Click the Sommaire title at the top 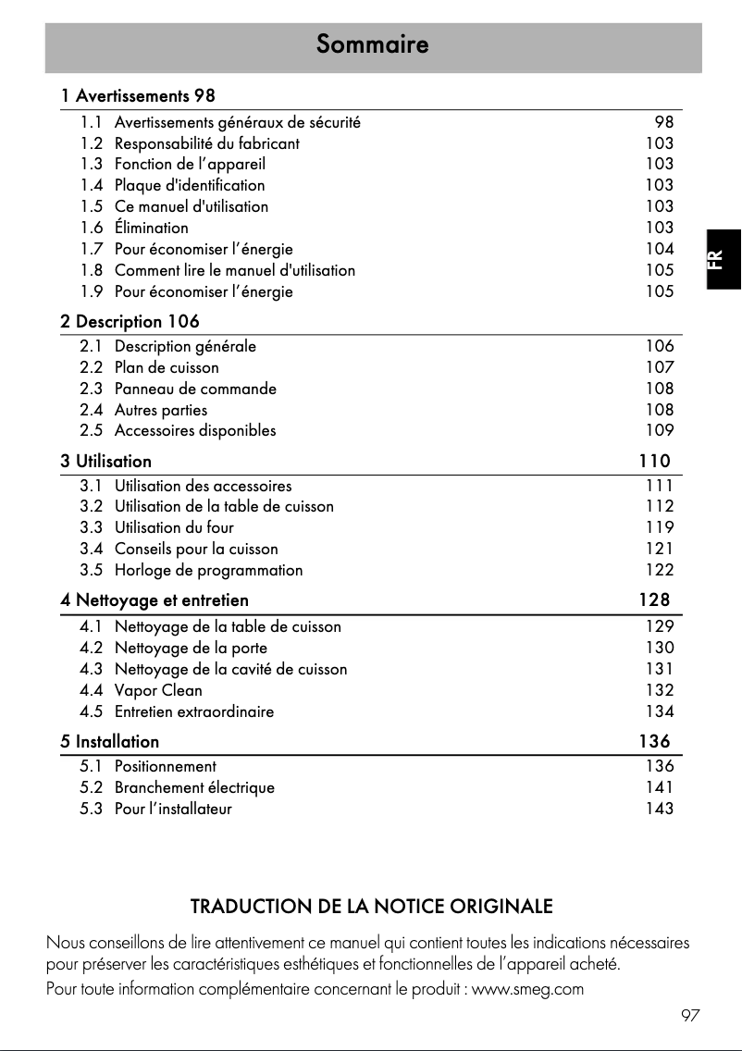[x=372, y=43]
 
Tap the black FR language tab [x=722, y=259]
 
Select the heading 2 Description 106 [x=130, y=322]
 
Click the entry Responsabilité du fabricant [x=206, y=143]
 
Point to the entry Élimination [x=151, y=228]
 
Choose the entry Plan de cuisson [x=167, y=367]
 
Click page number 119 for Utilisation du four [x=660, y=528]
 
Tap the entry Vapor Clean [x=157, y=690]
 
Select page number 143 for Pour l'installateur [x=660, y=809]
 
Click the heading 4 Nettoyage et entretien [x=155, y=600]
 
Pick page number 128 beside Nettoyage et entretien [x=654, y=600]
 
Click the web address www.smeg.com [x=527, y=989]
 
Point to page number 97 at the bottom [x=690, y=1016]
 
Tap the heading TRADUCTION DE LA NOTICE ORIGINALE [x=371, y=905]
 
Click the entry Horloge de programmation [x=208, y=570]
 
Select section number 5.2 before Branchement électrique [x=92, y=787]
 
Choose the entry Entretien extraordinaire [x=193, y=711]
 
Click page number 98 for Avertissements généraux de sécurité [x=664, y=122]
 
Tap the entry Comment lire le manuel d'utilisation [x=234, y=270]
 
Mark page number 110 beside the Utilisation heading [x=654, y=461]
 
